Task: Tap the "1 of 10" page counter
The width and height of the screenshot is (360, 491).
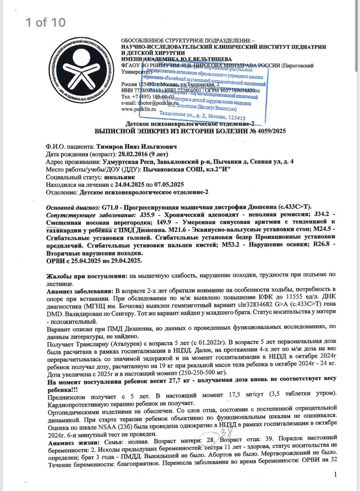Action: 46,22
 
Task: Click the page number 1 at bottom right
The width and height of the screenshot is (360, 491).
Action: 335,475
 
